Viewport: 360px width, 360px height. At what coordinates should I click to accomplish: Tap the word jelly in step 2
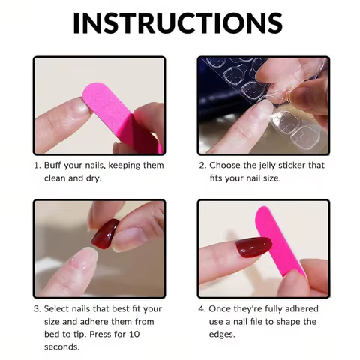(x=271, y=165)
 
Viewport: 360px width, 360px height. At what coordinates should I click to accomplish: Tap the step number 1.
(x=36, y=165)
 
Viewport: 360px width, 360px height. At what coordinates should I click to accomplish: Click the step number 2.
(x=202, y=165)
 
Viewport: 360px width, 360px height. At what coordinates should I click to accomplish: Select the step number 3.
(x=36, y=309)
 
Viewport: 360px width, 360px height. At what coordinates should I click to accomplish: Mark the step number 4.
(x=202, y=309)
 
